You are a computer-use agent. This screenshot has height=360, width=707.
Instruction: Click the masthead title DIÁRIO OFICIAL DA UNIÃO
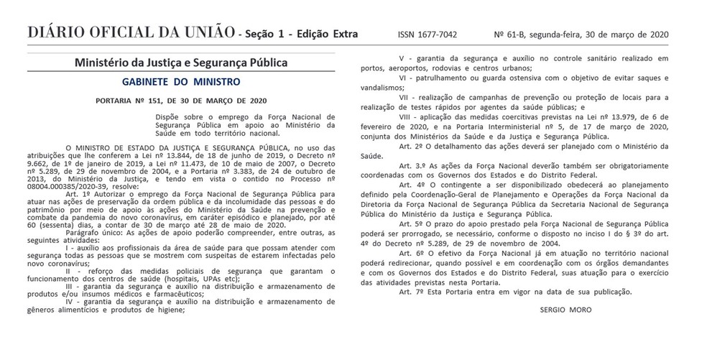coord(129,33)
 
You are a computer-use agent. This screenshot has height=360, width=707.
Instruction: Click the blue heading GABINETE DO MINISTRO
coord(181,82)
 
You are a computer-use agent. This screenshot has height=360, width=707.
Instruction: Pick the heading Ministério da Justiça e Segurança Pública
coord(181,63)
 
